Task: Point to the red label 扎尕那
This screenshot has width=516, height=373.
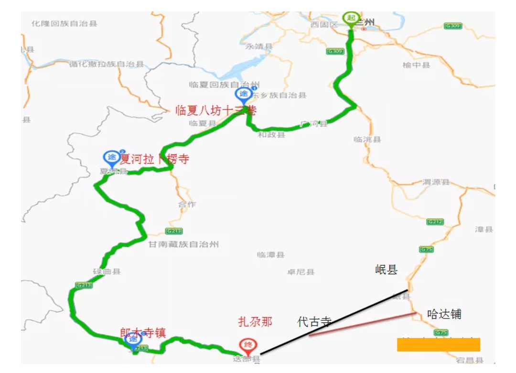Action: point(255,322)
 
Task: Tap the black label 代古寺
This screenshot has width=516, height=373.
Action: point(314,322)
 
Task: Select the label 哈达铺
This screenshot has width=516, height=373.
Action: point(444,314)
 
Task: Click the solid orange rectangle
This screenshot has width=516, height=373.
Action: point(438,344)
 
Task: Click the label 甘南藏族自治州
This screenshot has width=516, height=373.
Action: point(183,244)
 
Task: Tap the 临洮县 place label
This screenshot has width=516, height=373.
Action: point(367,140)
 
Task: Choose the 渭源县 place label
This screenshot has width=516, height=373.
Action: point(436,182)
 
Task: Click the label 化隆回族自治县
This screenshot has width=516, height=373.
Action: point(64,23)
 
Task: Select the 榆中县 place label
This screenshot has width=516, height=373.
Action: point(416,65)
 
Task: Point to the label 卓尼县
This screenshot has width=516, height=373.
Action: point(301,272)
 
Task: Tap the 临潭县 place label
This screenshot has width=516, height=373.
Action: point(270,255)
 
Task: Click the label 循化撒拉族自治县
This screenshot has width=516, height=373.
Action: point(106,64)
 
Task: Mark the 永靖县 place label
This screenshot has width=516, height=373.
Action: point(258,46)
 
